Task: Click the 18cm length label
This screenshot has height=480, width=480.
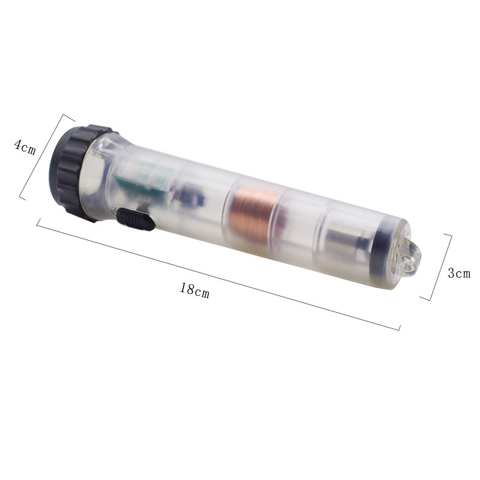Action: (x=194, y=290)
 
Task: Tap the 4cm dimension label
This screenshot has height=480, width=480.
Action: (x=25, y=147)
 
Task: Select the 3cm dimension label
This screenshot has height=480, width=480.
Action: (x=459, y=273)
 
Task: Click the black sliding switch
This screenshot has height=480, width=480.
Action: (x=136, y=219)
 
